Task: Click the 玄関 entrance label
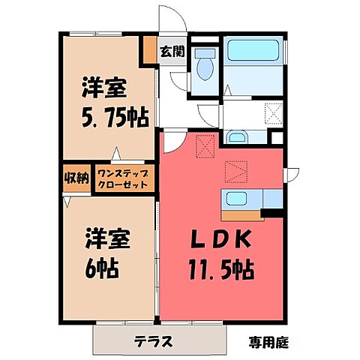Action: point(172,52)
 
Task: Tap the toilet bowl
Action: point(204,69)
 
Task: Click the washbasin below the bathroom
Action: point(238,137)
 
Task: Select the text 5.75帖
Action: point(114,118)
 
